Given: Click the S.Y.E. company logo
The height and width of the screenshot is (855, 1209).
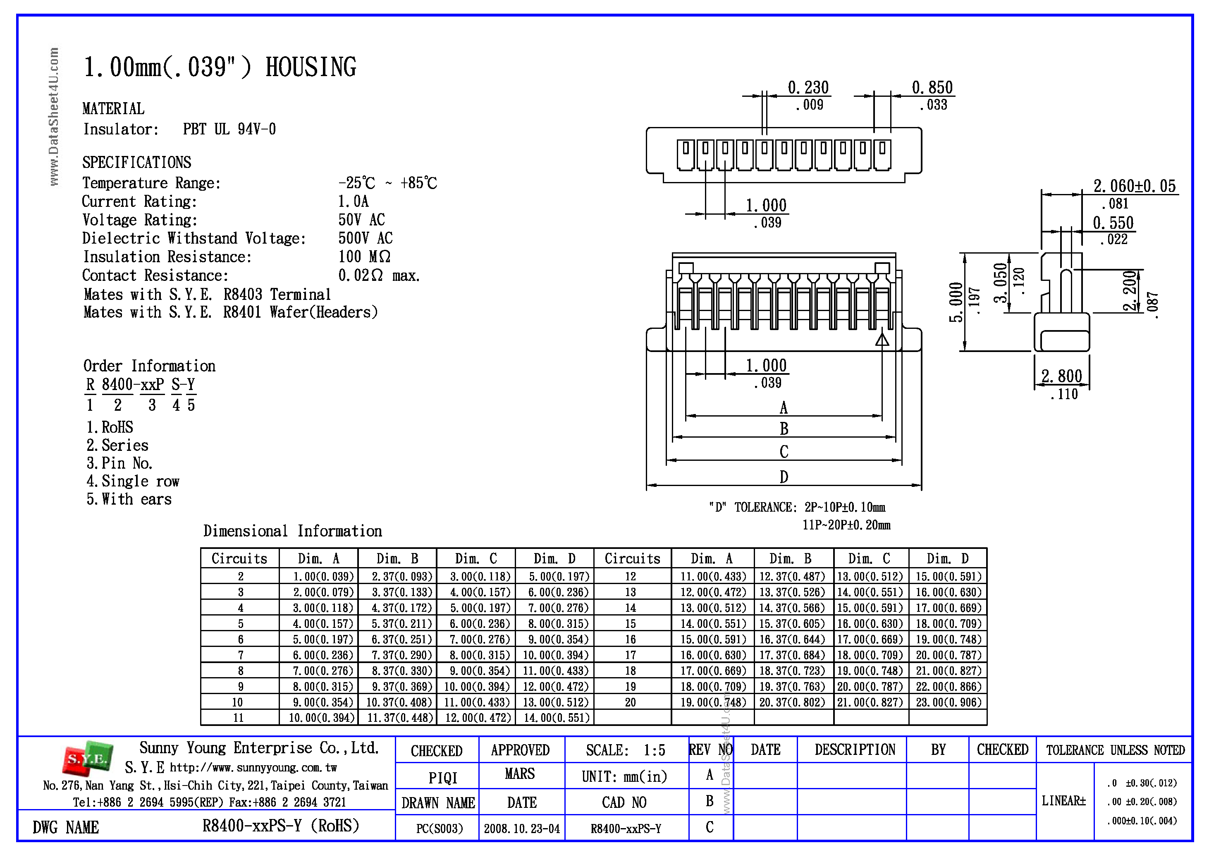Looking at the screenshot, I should (87, 759).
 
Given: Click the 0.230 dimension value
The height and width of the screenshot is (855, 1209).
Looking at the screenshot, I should (808, 87).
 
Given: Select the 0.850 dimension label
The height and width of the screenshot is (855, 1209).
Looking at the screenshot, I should (932, 87).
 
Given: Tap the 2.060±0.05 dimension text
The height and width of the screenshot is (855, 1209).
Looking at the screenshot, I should (1134, 186).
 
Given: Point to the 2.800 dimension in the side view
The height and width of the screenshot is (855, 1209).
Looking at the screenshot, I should (1061, 376).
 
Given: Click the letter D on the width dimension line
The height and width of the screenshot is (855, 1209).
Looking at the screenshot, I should (784, 477).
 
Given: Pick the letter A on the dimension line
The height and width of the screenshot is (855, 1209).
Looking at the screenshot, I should (784, 407).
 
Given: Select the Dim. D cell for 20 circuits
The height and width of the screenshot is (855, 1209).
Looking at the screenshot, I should (948, 702).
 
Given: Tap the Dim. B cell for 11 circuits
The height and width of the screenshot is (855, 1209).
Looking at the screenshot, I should (400, 718).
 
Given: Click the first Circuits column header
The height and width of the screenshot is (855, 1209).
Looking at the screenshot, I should (239, 558).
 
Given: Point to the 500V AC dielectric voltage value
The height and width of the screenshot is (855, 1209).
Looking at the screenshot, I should (365, 238).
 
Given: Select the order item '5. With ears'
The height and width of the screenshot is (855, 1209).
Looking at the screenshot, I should (129, 499).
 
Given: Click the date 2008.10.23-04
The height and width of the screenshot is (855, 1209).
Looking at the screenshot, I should (521, 829).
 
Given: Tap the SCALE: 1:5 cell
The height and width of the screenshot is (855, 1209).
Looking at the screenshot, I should (625, 750).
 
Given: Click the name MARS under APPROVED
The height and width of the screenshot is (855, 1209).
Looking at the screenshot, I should (520, 774).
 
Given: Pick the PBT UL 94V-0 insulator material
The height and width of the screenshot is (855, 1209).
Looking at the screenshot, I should (229, 129).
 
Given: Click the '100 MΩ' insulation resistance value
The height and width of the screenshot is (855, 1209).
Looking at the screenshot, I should (364, 256).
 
